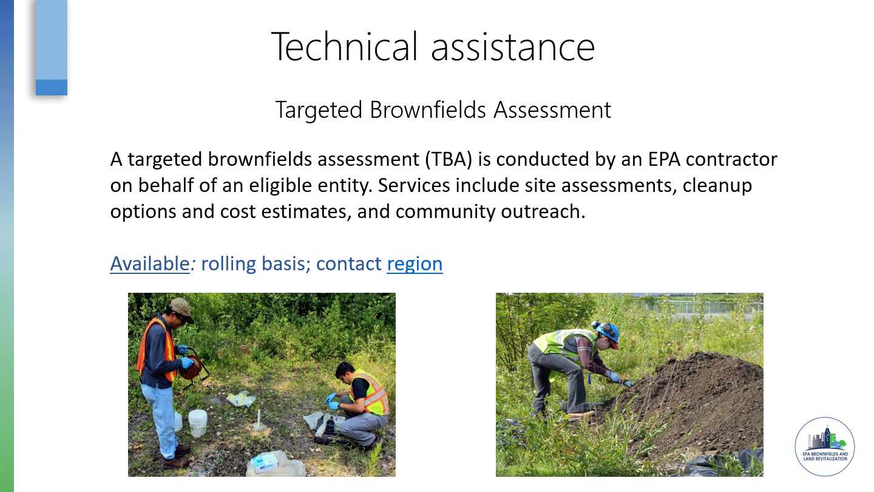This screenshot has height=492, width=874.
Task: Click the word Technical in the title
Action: tap(345, 46)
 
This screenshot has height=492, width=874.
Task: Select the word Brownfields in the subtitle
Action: tap(428, 110)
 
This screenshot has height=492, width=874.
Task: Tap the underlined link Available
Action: tap(150, 264)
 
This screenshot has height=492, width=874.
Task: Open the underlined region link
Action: tap(415, 265)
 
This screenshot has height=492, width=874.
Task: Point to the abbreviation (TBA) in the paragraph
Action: tap(449, 159)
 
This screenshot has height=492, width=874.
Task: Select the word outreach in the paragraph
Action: tap(543, 211)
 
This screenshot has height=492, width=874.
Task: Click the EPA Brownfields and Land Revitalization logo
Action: tap(824, 446)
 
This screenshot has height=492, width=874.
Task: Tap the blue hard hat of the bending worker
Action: tap(609, 334)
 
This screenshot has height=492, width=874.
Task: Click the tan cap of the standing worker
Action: tap(181, 309)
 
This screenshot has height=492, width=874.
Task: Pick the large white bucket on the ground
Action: tap(198, 423)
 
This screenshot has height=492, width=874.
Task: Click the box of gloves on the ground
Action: tap(265, 463)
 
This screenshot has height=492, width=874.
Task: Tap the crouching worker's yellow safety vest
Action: tap(372, 392)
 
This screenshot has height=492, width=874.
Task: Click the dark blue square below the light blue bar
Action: tap(52, 87)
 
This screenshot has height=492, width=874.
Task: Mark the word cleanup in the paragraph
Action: tap(717, 186)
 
